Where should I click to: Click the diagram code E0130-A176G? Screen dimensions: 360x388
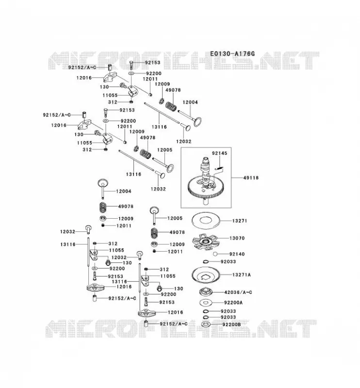[232, 53]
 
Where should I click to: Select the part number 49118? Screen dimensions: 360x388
[251, 178]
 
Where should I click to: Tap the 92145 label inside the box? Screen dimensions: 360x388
[219, 153]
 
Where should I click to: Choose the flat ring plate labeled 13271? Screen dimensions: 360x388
[206, 220]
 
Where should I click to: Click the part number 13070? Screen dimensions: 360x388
[237, 238]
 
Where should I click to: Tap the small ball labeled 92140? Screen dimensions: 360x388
[215, 254]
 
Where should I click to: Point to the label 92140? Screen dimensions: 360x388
[237, 254]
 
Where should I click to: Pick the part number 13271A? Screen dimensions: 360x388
[242, 275]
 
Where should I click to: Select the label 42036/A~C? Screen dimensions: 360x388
[238, 292]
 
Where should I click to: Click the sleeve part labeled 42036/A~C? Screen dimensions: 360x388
[206, 292]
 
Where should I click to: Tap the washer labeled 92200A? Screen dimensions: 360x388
[206, 302]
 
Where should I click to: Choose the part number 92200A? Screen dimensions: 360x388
[233, 302]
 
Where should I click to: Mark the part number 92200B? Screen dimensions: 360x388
[231, 324]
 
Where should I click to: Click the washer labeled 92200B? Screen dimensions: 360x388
[206, 324]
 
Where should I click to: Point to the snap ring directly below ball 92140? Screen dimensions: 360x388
[206, 261]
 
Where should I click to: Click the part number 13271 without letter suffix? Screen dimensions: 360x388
[239, 221]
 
